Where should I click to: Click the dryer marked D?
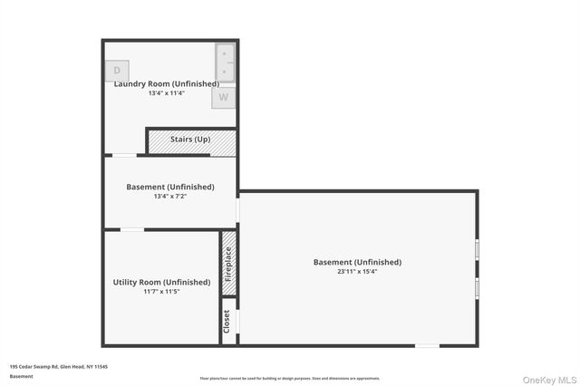(117, 71)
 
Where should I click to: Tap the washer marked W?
(224, 97)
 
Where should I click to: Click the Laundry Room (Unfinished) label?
(167, 84)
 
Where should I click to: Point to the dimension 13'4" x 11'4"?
(167, 93)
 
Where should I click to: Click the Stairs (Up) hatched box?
(191, 141)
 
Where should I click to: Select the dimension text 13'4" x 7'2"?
(170, 197)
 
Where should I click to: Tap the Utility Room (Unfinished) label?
(161, 283)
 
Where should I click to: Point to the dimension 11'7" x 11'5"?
(161, 292)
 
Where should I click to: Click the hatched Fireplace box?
(229, 265)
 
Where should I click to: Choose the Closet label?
(227, 321)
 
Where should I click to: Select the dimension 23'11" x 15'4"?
(357, 272)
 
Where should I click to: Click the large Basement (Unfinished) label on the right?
(357, 263)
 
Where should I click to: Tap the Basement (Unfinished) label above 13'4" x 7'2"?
(170, 188)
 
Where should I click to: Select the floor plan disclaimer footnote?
(290, 379)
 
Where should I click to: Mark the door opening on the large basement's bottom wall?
(428, 345)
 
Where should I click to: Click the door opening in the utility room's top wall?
(132, 229)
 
